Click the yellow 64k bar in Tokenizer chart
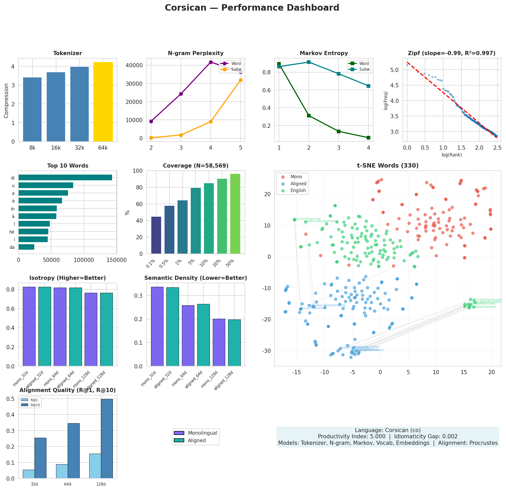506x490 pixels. tap(103, 102)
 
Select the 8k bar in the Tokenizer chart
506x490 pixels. tap(32, 109)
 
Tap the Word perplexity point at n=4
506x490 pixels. tap(211, 62)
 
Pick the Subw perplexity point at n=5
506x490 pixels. tap(241, 80)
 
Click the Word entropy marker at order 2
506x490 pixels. tap(309, 116)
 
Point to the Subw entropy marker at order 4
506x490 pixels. tap(368, 86)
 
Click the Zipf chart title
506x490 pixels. tap(452, 53)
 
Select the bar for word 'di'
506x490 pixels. tap(65, 178)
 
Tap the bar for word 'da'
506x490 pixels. tap(26, 247)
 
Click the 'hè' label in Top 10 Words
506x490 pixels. tap(12, 232)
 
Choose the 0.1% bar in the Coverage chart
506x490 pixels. tap(156, 235)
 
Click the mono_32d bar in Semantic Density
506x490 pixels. tap(157, 327)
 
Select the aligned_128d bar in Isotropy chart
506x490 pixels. tap(106, 329)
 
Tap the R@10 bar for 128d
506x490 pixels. tap(107, 439)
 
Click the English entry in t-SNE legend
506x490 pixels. tap(298, 190)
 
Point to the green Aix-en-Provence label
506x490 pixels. tap(308, 219)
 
